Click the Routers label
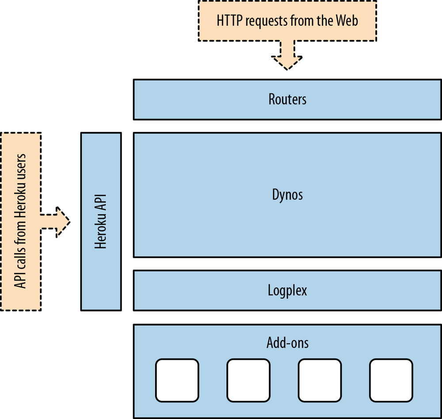(287, 99)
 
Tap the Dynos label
(287, 195)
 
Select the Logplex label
(287, 290)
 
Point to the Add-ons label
(287, 342)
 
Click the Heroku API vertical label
(101, 221)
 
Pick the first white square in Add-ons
(177, 379)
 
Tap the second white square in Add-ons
(248, 379)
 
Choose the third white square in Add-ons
(320, 379)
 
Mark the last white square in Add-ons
(391, 379)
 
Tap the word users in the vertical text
(20, 167)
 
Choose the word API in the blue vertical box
(101, 202)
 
